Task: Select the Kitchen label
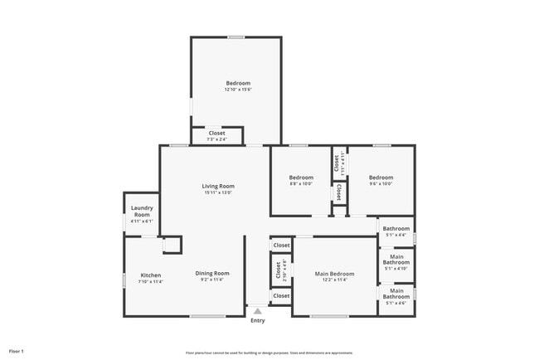pyautogui.click(x=150, y=275)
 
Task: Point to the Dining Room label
pyautogui.click(x=212, y=273)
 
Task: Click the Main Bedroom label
pyautogui.click(x=334, y=274)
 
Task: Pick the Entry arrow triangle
pyautogui.click(x=258, y=311)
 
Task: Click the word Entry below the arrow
pyautogui.click(x=258, y=321)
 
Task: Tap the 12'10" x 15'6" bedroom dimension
pyautogui.click(x=238, y=90)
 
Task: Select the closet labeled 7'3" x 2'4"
pyautogui.click(x=216, y=135)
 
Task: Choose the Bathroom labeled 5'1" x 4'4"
pyautogui.click(x=396, y=231)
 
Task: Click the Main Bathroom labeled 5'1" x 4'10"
pyautogui.click(x=396, y=262)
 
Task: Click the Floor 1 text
pyautogui.click(x=17, y=352)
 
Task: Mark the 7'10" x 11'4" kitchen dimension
pyautogui.click(x=150, y=282)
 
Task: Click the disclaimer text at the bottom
pyautogui.click(x=269, y=352)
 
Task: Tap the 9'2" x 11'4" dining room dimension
pyautogui.click(x=212, y=280)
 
